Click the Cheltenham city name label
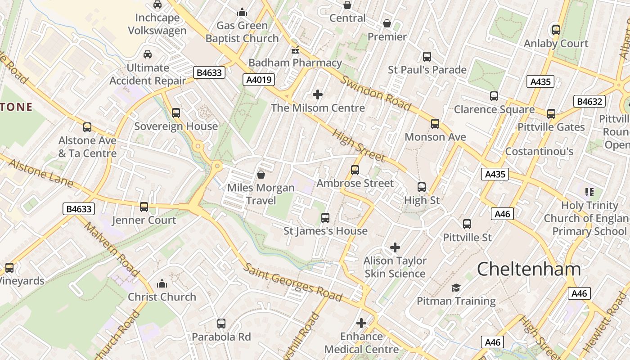point(529,270)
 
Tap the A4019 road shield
point(259,80)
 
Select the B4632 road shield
point(589,101)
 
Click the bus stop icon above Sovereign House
point(176,112)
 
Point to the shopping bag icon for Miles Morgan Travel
point(261,174)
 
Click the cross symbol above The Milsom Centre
point(318,94)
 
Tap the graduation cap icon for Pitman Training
point(456,288)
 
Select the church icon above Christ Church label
point(162,283)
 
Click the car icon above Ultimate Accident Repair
point(147,54)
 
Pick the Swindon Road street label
point(376,94)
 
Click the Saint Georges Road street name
point(293,282)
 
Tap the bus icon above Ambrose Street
point(355,170)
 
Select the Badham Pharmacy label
point(295,63)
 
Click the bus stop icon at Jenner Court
point(144,207)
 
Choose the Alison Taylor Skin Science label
point(395,267)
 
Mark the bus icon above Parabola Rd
point(221,323)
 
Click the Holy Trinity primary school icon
point(589,192)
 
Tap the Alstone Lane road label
point(41,173)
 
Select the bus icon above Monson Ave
point(435,123)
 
